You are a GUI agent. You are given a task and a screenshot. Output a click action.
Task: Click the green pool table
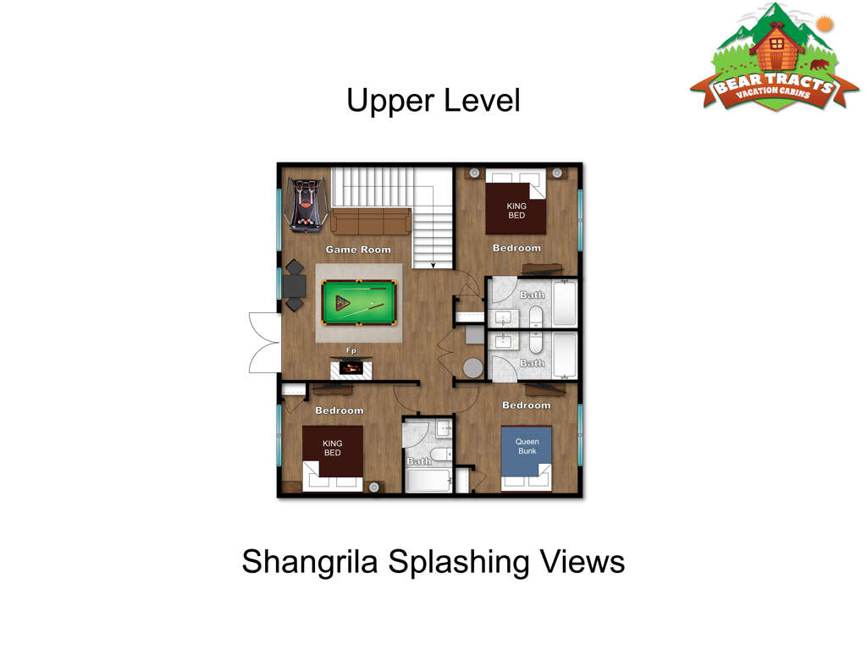click(x=359, y=302)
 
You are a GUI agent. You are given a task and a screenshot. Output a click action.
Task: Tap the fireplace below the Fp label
click(x=351, y=368)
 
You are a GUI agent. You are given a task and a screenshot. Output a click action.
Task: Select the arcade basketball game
click(x=306, y=205)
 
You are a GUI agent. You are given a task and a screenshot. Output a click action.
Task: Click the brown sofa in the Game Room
click(x=371, y=221)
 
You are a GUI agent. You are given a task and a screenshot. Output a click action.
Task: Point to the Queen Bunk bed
click(x=527, y=458)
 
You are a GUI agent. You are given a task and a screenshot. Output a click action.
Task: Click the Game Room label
click(x=358, y=250)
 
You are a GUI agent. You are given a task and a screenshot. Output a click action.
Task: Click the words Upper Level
click(x=433, y=100)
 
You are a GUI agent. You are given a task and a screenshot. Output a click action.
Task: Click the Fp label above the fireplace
click(x=351, y=350)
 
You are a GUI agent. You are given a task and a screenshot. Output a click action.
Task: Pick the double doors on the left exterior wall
click(x=264, y=343)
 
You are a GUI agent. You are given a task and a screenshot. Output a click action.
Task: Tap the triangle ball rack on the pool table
click(x=342, y=303)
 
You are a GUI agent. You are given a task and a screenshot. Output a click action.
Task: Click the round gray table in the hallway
click(x=472, y=368)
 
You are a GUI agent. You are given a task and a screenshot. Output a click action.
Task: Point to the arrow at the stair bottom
click(x=433, y=265)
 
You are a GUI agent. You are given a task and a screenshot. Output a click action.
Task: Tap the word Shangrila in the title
click(x=310, y=562)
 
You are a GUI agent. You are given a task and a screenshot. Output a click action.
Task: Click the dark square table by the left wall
click(x=295, y=285)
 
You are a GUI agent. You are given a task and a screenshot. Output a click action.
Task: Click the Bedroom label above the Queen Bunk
click(x=527, y=405)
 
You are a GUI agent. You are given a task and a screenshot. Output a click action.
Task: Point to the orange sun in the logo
click(x=824, y=25)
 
